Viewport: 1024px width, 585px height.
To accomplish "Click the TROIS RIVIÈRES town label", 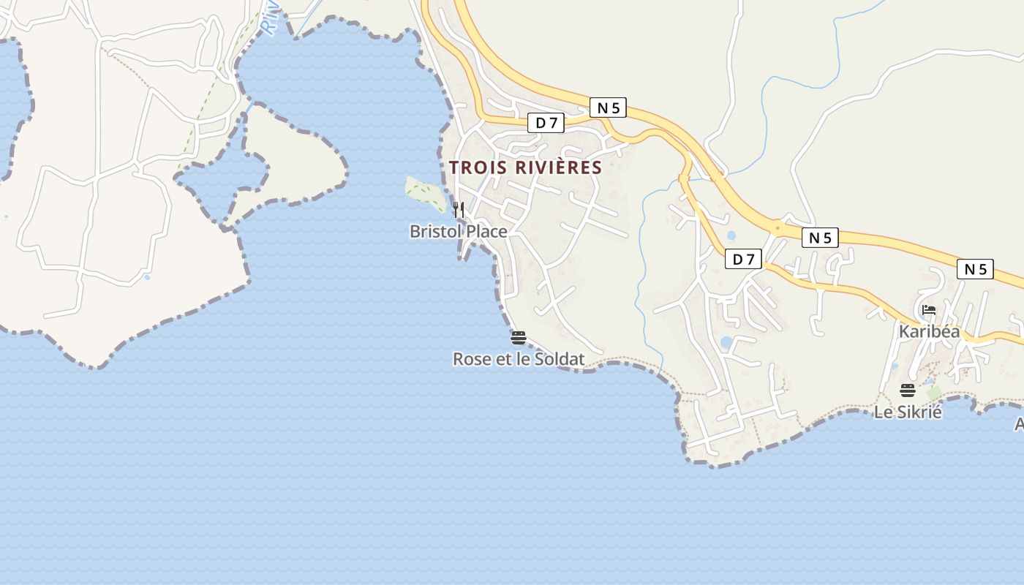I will pos(525,167).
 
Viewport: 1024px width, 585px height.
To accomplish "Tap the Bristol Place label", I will pos(458,232).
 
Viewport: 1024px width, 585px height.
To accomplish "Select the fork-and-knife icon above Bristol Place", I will pos(459,210).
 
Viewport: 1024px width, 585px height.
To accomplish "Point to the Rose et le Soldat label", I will pos(519,359).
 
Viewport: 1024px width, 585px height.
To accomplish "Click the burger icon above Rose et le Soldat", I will pos(519,338).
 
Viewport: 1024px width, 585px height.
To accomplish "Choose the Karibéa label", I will pos(929,331).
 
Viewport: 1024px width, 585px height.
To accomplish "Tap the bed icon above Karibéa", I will pos(929,310).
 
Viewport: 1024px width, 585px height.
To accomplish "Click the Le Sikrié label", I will pos(908,412).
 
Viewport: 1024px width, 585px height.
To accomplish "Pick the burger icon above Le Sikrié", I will pos(908,390).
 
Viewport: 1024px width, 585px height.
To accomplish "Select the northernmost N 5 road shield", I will pos(608,108).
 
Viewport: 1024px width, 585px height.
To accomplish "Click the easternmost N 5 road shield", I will pos(975,269).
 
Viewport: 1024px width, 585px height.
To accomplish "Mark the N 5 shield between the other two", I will pos(820,238).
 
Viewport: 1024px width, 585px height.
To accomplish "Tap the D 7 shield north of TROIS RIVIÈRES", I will pos(546,123).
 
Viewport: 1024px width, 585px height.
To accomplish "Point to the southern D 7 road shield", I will pos(743,259).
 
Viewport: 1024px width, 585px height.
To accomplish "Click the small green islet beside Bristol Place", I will pos(425,192).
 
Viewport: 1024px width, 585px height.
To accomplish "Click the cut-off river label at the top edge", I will pos(270,16).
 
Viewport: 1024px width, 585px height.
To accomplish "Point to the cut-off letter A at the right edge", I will pos(1019,424).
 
